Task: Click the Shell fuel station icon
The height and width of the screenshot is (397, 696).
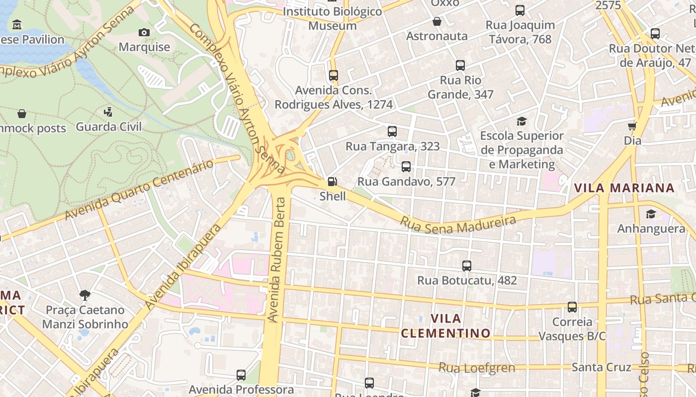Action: (x=333, y=182)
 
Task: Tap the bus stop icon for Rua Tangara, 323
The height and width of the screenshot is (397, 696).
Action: (x=392, y=132)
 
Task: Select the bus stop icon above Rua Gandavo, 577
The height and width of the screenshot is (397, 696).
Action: (x=406, y=167)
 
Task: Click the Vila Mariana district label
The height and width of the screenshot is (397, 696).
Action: (x=624, y=188)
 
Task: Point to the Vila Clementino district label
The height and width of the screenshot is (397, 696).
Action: (x=445, y=326)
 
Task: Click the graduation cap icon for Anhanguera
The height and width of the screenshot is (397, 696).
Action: (x=651, y=214)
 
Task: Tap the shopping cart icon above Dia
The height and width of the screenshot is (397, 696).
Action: (x=632, y=126)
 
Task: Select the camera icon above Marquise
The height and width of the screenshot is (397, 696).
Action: (x=144, y=33)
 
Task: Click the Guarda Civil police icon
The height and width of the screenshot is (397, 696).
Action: (x=108, y=112)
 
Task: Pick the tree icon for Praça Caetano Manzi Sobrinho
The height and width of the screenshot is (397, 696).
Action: (x=85, y=295)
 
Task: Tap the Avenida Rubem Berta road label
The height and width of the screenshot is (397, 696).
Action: (x=276, y=259)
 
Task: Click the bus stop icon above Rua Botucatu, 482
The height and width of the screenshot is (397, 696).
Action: (x=467, y=266)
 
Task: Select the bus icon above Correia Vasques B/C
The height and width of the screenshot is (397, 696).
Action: (x=572, y=307)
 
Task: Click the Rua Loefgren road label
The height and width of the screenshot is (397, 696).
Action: (x=476, y=368)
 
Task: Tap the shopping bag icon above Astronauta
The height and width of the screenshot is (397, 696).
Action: (x=437, y=21)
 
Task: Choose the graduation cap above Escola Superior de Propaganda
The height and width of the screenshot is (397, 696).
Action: (x=522, y=121)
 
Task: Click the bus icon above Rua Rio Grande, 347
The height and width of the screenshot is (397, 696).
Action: (x=460, y=66)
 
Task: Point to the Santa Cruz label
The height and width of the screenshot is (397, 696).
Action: (x=601, y=367)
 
